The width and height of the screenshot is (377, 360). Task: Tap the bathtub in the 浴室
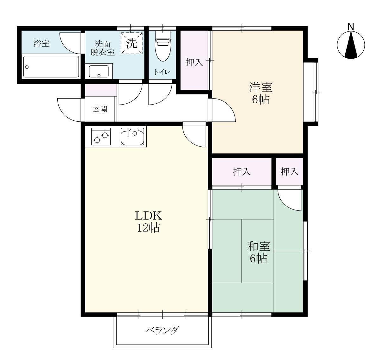click(x=51, y=67)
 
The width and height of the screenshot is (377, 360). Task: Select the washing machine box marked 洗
click(x=131, y=43)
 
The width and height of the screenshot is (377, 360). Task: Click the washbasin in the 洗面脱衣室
click(x=99, y=71)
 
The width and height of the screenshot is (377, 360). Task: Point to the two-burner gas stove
click(x=101, y=136)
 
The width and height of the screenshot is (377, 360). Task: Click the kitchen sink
click(x=132, y=136)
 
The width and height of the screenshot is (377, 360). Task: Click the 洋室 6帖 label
click(x=261, y=93)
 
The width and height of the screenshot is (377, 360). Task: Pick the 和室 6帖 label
click(x=259, y=252)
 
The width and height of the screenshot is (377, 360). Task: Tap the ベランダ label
click(x=162, y=330)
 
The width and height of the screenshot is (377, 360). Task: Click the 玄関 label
click(x=100, y=109)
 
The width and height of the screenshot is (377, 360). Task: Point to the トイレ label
click(x=162, y=72)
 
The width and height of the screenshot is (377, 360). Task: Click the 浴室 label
click(x=42, y=43)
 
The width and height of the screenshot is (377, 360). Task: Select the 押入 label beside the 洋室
click(x=194, y=62)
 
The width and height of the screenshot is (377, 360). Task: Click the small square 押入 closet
click(x=290, y=171)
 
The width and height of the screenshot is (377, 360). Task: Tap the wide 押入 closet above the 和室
click(x=242, y=171)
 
